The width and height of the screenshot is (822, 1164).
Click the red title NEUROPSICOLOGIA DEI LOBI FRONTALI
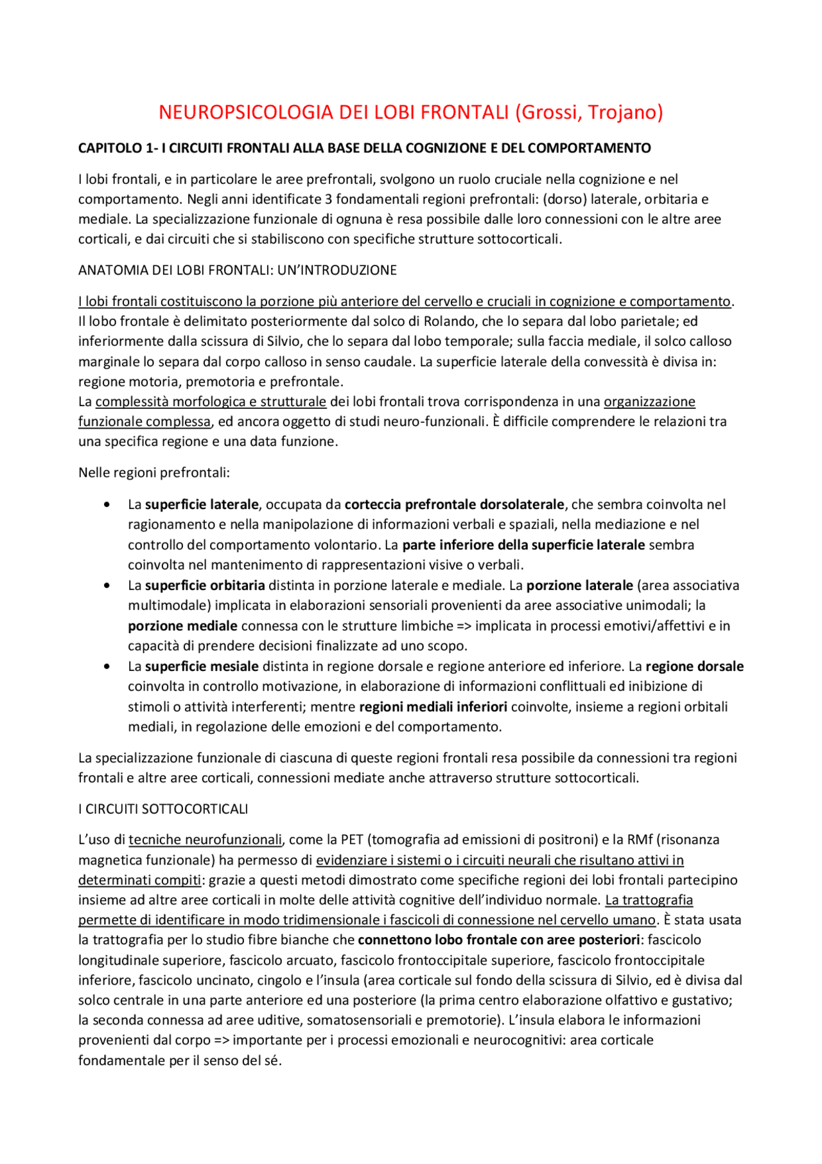pyautogui.click(x=334, y=112)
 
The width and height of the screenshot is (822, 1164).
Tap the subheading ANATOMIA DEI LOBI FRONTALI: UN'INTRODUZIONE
pyautogui.click(x=237, y=270)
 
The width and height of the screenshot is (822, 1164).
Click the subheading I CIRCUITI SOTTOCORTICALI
pyautogui.click(x=162, y=809)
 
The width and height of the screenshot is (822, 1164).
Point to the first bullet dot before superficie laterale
pyautogui.click(x=107, y=505)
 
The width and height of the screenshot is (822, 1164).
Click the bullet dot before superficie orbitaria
pyautogui.click(x=107, y=586)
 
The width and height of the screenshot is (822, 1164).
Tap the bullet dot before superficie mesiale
pyautogui.click(x=107, y=667)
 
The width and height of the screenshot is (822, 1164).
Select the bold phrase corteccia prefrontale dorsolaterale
pyautogui.click(x=454, y=505)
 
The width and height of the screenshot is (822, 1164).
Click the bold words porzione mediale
pyautogui.click(x=182, y=625)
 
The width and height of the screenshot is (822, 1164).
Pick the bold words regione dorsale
pyautogui.click(x=694, y=667)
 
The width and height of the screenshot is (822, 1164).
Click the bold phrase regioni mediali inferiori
pyautogui.click(x=433, y=707)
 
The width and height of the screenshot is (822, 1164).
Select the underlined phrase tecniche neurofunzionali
pyautogui.click(x=205, y=839)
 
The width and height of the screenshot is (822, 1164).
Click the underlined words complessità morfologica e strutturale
pyautogui.click(x=211, y=402)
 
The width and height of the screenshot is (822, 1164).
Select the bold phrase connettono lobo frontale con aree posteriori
pyautogui.click(x=498, y=940)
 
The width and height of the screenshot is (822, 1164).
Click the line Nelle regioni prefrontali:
pyautogui.click(x=153, y=473)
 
